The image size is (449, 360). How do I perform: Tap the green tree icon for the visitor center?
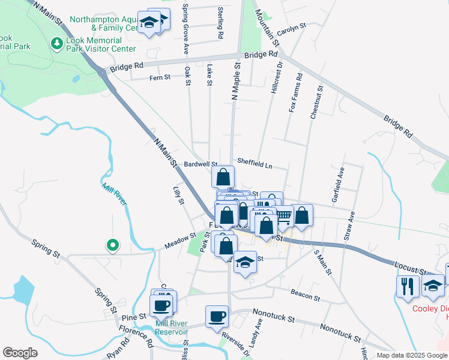pos(57,44)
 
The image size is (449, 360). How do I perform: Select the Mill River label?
pos(114,195)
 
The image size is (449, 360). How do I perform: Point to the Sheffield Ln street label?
pos(255,161)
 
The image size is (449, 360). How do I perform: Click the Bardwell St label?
pos(200,163)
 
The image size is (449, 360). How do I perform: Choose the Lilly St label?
pos(178,195)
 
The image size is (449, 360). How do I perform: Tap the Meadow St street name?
pos(181,243)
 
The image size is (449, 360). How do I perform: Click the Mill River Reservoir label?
pos(172,328)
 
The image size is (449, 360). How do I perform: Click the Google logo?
pos(20,353)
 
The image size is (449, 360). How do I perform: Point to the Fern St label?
pos(160,77)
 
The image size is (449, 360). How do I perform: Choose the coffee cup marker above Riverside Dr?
pos(217,316)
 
